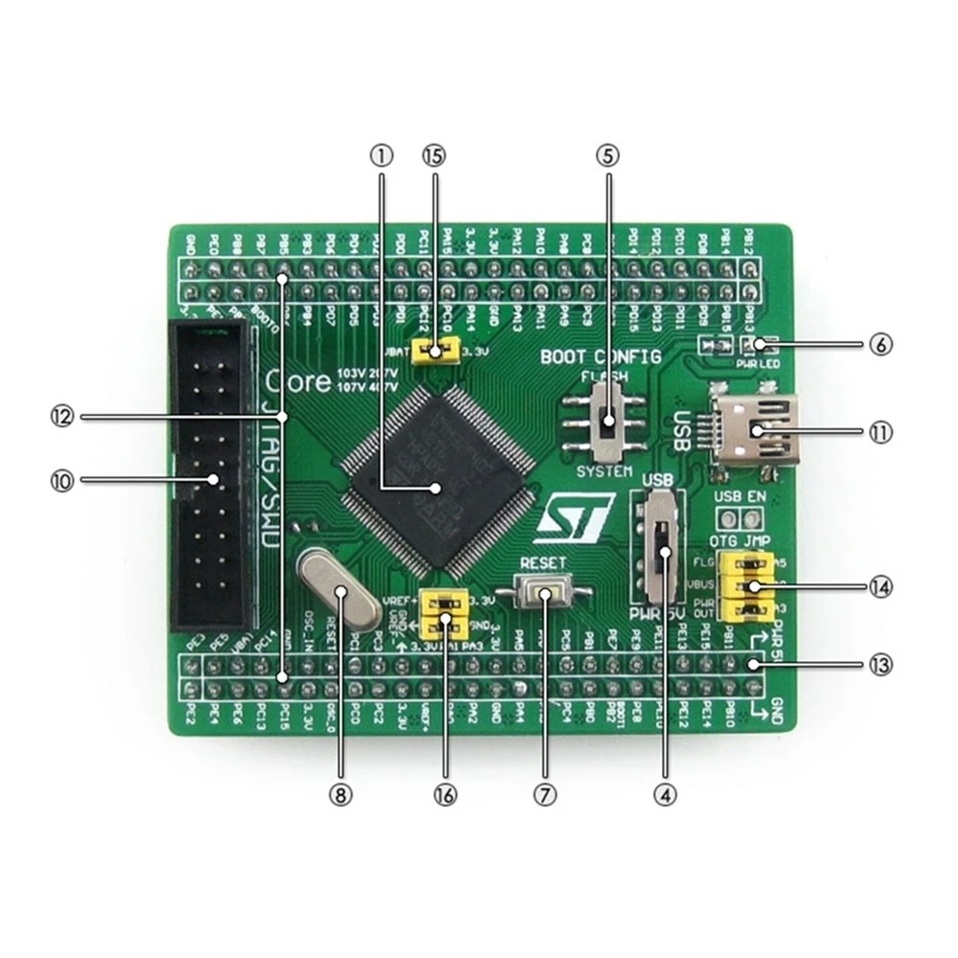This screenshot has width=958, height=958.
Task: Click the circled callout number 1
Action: [382, 154]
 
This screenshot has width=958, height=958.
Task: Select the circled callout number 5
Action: [607, 154]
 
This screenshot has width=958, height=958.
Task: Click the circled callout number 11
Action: [879, 432]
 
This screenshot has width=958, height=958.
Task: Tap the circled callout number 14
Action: [879, 586]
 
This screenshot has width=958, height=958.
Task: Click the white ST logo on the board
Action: [572, 521]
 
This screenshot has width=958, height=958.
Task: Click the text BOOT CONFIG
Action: [601, 357]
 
